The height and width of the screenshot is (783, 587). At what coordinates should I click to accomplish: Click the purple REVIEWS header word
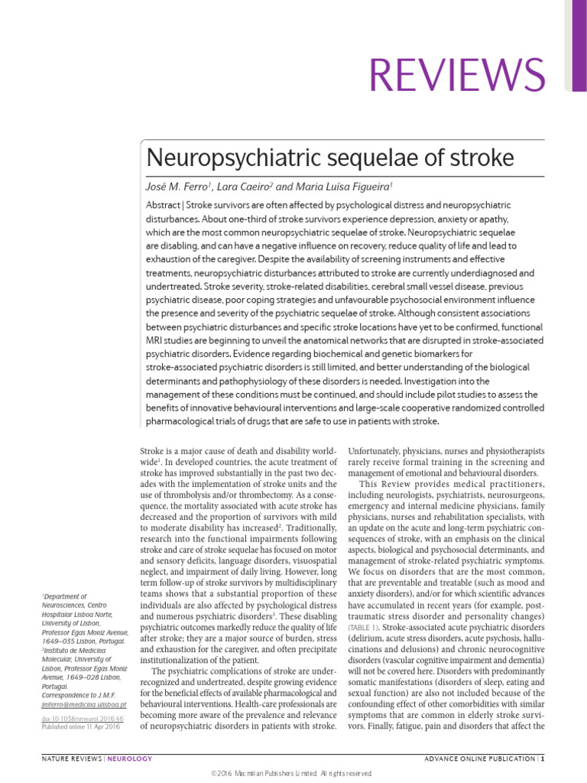458,74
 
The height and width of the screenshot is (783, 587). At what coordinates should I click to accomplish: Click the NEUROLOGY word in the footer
129,759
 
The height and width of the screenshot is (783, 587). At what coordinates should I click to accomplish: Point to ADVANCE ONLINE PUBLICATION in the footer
478,759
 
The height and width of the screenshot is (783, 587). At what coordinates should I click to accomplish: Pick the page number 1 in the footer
543,759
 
